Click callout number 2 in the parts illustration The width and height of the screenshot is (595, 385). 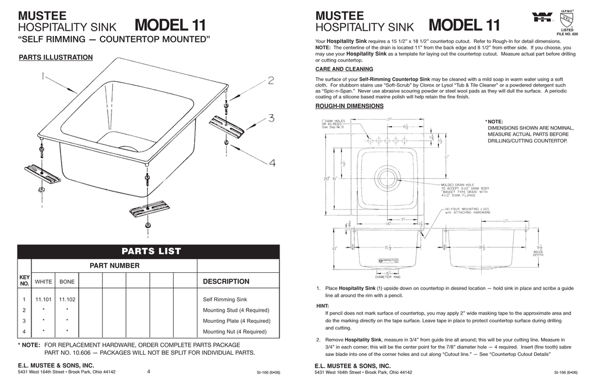[271, 81]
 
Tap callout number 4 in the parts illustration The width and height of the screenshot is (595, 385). [272, 163]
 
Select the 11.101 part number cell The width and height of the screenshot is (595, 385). [44, 300]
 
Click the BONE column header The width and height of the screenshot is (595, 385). [67, 282]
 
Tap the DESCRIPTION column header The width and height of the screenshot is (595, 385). [226, 282]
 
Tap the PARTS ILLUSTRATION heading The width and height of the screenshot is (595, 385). [56, 57]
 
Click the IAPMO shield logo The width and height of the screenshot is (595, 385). [567, 18]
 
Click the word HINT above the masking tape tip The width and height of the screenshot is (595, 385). [322, 305]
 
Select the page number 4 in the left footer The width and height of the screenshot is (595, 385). [149, 372]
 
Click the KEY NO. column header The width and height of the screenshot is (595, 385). [24, 281]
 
